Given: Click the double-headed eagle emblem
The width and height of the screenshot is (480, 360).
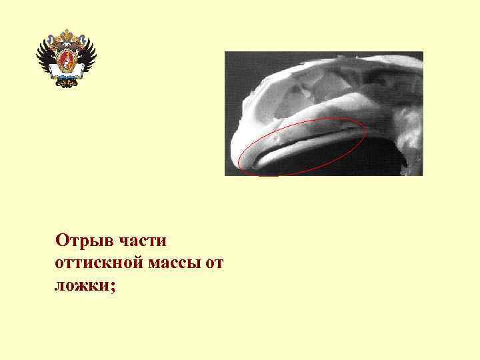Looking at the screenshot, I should click(x=66, y=59).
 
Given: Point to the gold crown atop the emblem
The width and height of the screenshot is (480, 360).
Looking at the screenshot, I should click(x=66, y=35).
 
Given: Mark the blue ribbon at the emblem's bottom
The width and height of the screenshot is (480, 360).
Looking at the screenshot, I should click(x=66, y=83).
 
